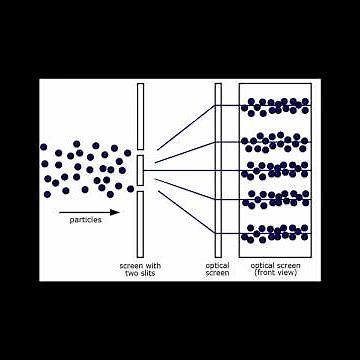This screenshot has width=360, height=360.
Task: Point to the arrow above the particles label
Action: pos(89,213)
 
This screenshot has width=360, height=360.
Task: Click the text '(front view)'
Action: pos(274,273)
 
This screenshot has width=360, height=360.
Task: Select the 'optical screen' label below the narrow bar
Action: pos(217,269)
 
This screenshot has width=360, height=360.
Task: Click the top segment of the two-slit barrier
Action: pos(142,115)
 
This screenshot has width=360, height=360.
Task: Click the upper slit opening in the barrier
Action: pos(142,151)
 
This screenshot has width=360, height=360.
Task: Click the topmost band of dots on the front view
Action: pos(276,105)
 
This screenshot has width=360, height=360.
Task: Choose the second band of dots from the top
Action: pos(276,141)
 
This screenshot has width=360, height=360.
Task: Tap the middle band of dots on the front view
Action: pos(276,170)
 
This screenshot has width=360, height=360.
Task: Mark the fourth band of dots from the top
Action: pos(276,197)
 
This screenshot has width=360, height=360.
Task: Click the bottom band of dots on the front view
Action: pos(276,233)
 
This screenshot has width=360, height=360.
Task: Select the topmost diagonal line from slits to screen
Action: pos(180,127)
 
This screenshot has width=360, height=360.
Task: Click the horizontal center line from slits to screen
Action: pos(180,169)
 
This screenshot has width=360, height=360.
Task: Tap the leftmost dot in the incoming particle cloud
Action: pos(44,148)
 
